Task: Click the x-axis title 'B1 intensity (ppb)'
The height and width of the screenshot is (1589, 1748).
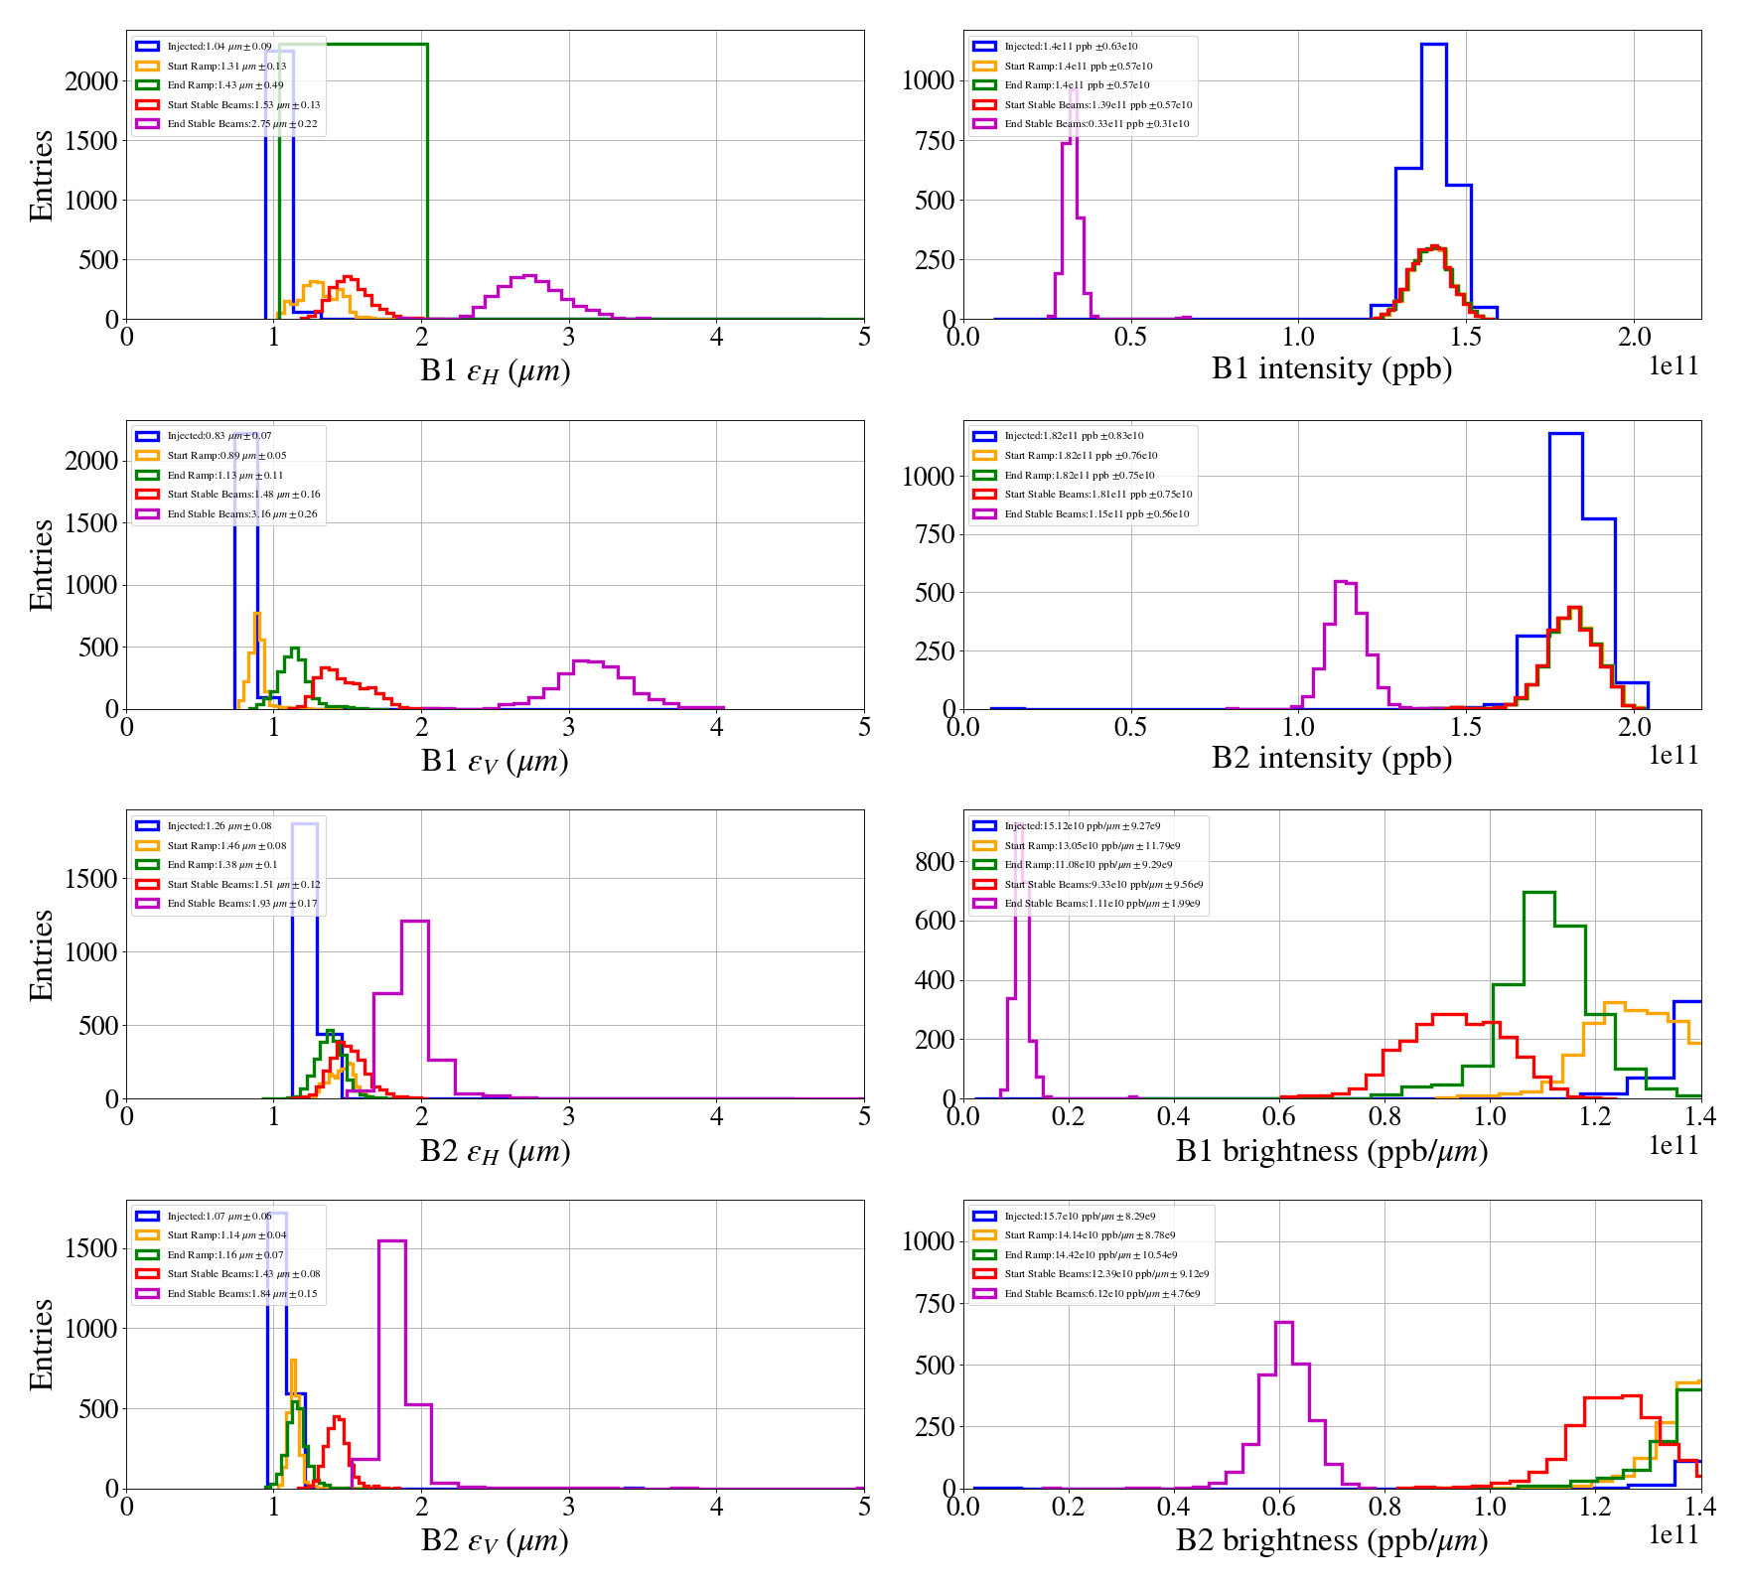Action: point(1331,369)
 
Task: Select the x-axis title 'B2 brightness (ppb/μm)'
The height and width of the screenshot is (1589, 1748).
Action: point(1331,1540)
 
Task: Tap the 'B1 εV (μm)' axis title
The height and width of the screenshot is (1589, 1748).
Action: point(495,761)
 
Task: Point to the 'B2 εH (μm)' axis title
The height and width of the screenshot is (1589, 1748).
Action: point(495,1151)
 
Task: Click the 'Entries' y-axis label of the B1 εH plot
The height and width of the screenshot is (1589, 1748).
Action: point(42,175)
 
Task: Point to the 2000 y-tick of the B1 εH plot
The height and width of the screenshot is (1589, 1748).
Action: point(91,81)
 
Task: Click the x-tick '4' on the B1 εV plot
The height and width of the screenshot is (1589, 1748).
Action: point(717,727)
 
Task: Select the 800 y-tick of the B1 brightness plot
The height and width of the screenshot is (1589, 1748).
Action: point(935,862)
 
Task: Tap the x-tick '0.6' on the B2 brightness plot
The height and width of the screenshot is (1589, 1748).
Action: point(1278,1507)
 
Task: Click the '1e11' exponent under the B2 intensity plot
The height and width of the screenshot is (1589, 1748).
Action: point(1674,756)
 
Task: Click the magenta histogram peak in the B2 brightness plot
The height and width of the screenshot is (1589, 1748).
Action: point(1283,1323)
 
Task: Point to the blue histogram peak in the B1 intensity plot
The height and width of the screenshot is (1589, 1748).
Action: point(1433,45)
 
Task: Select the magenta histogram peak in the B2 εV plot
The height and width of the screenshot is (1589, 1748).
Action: point(392,1241)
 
